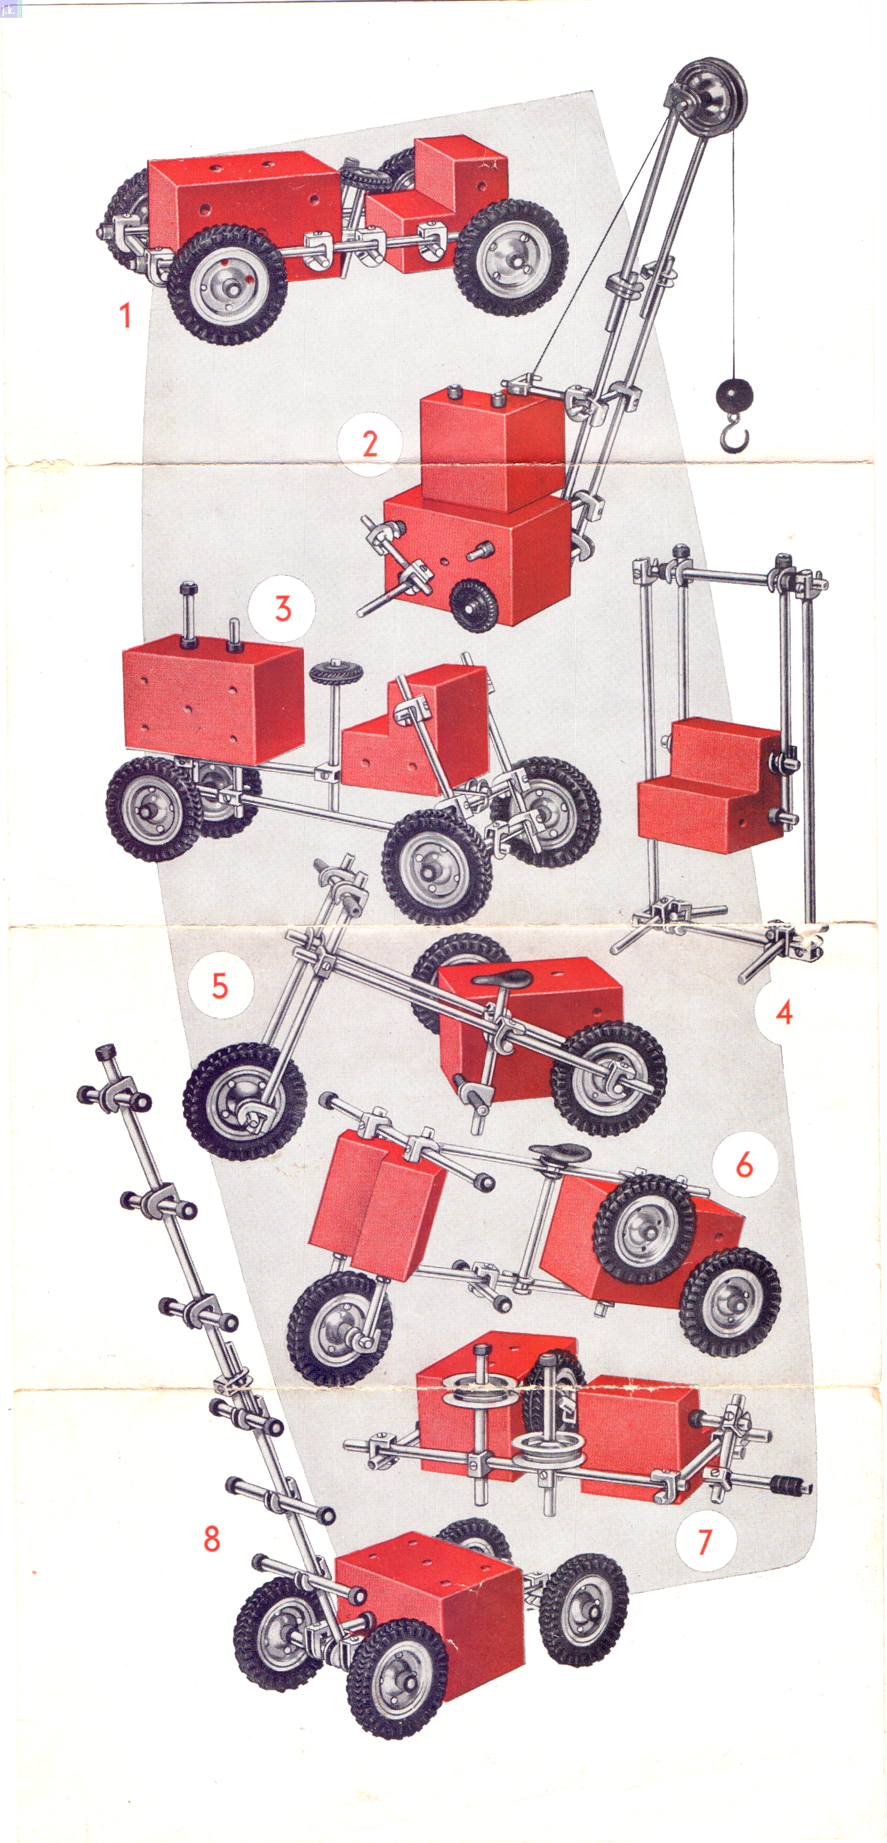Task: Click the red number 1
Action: coord(125,315)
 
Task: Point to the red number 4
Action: coord(784,1012)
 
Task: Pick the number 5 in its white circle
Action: coord(220,986)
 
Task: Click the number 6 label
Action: coord(745,1165)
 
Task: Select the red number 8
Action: coord(212,1538)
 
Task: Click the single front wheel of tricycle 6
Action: coord(339,1327)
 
